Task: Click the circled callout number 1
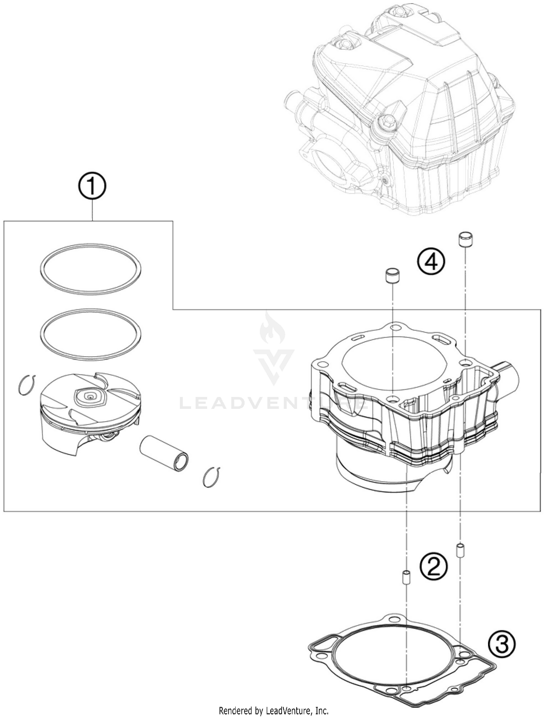[92, 187]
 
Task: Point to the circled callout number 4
[431, 262]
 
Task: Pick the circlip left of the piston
[27, 385]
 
